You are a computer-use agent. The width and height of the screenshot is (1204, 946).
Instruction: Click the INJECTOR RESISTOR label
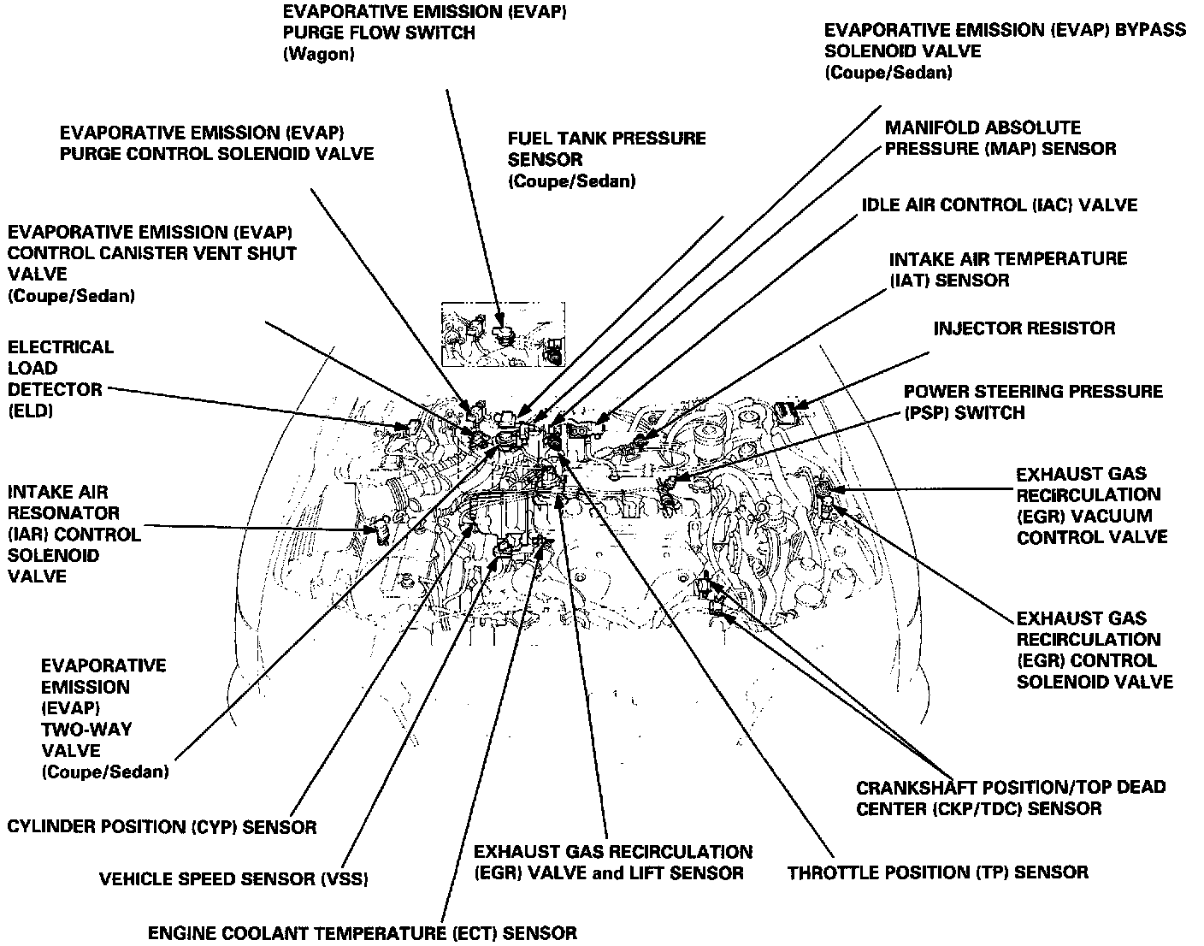pos(1024,328)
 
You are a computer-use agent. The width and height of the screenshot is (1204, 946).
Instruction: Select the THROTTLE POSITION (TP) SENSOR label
pos(937,872)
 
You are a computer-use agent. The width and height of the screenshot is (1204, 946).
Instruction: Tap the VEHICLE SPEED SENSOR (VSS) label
pos(233,879)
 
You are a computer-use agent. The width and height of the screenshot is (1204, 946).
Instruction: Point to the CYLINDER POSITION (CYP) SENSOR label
pos(162,827)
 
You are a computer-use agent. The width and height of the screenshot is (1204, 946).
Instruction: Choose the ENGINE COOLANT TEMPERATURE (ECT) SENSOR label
pos(363,932)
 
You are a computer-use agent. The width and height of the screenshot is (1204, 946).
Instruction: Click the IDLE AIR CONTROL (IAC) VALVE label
pos(999,205)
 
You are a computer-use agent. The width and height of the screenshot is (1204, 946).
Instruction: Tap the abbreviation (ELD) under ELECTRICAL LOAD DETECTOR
pos(31,411)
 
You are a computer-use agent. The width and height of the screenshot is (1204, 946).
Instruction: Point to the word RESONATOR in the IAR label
pos(63,513)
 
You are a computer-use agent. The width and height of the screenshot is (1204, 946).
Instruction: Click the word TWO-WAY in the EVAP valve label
pos(86,730)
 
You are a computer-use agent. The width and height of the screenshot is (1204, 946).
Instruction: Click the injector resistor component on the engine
pos(788,412)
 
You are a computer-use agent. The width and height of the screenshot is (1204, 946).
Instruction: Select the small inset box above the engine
pos(502,334)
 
